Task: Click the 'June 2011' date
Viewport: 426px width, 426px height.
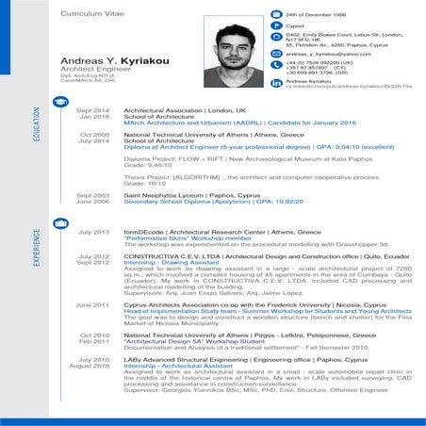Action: [x=92, y=304]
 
